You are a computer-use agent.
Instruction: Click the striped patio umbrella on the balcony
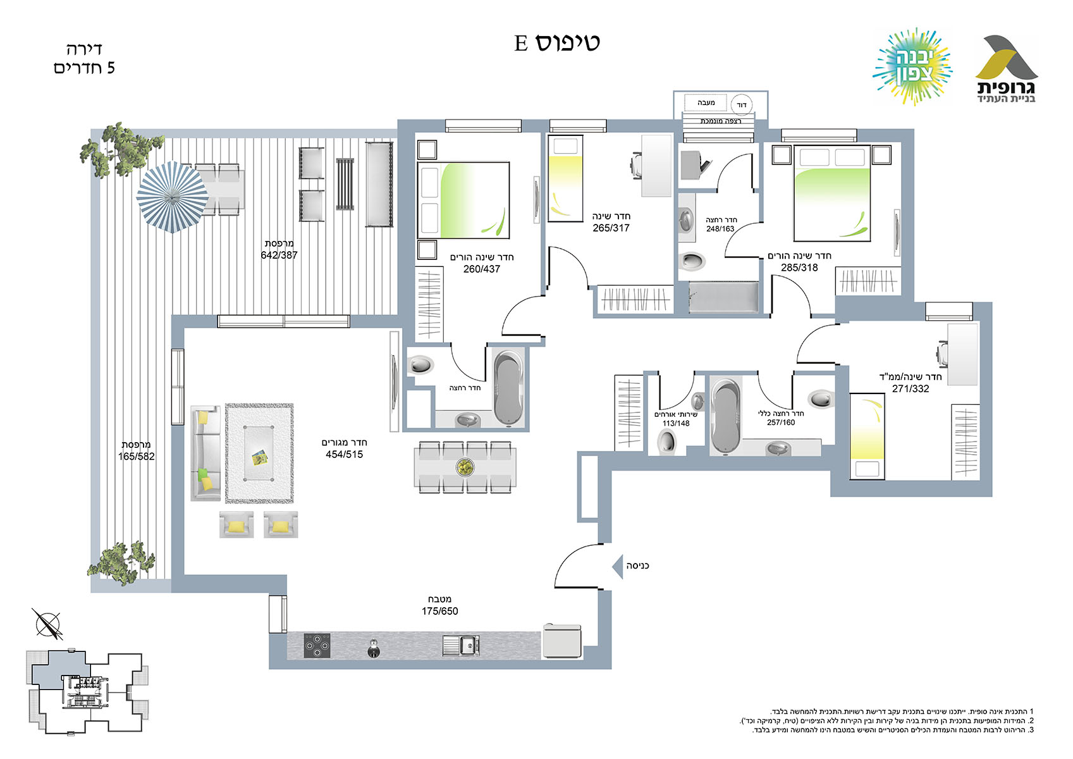(173, 197)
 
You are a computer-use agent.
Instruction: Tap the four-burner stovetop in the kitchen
(317, 645)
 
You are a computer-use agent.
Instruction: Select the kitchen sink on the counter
(461, 645)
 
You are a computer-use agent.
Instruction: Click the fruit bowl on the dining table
(465, 467)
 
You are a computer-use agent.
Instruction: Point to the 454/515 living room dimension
(345, 454)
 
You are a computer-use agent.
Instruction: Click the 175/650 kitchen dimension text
(439, 611)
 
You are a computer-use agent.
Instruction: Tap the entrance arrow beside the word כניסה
(618, 567)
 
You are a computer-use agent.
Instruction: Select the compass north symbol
(48, 624)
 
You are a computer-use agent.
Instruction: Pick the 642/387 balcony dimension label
(279, 256)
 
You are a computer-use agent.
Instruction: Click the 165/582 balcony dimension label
(137, 457)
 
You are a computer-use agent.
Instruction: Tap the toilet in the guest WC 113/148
(666, 441)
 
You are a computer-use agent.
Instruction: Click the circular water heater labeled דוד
(742, 105)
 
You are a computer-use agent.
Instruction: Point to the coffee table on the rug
(259, 453)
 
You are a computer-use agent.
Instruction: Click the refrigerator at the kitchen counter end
(562, 641)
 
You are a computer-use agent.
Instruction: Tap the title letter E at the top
(521, 43)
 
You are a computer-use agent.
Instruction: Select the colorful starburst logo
(912, 66)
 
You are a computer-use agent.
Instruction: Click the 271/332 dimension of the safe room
(910, 388)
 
